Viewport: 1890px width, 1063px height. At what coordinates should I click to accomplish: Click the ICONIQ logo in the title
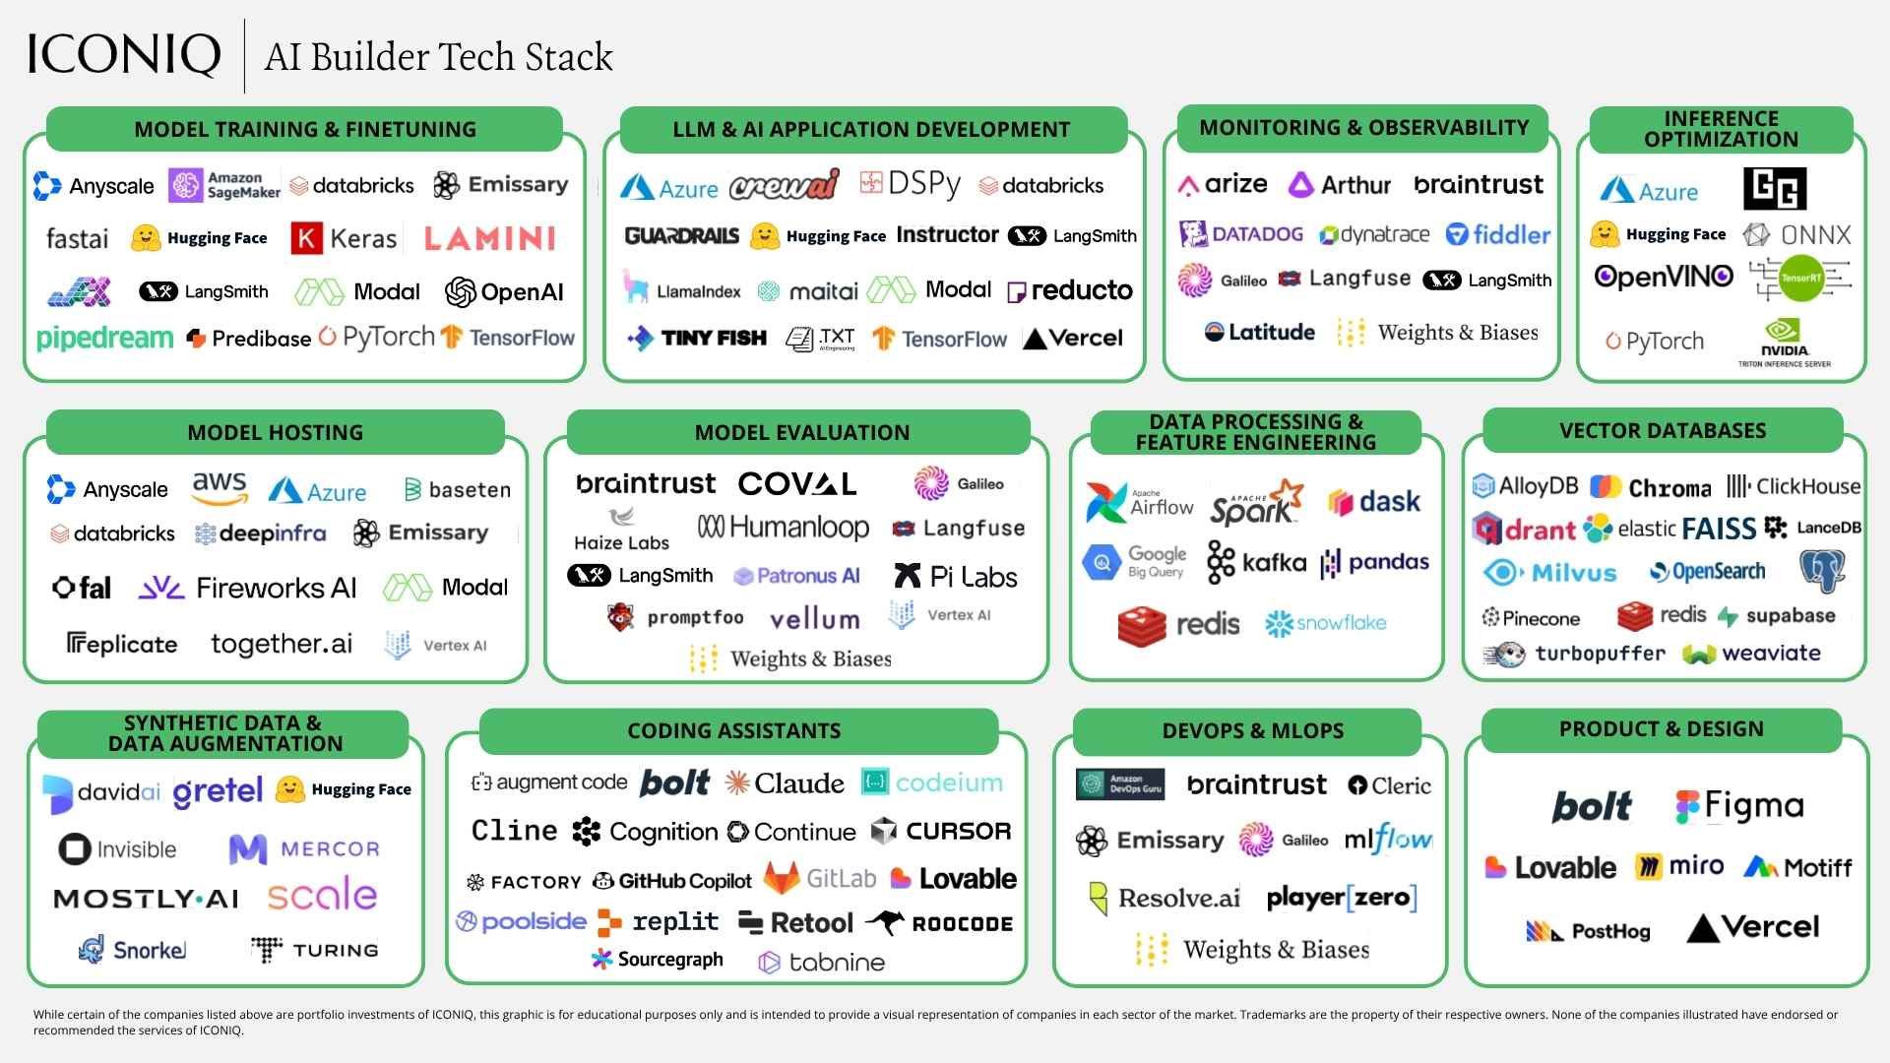click(x=124, y=55)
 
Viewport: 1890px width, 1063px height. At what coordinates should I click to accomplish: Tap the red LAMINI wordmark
click(x=489, y=238)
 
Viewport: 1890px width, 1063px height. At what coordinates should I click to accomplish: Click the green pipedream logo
click(x=104, y=338)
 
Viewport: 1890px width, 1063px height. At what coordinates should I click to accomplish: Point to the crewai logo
click(x=785, y=185)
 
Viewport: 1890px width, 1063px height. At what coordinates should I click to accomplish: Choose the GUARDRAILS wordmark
click(x=681, y=235)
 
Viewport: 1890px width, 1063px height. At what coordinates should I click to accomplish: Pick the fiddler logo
click(x=1497, y=234)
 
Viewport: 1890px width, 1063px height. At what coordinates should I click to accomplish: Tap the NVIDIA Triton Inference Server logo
click(x=1784, y=343)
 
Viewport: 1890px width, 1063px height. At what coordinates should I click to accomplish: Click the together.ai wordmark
click(x=282, y=644)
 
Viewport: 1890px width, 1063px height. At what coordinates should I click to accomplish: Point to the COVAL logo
click(x=797, y=483)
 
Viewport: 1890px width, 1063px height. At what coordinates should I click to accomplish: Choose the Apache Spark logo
click(x=1256, y=503)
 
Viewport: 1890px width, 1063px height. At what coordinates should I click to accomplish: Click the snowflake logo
click(x=1325, y=623)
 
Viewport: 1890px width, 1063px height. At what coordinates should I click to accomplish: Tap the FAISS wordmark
click(x=1719, y=529)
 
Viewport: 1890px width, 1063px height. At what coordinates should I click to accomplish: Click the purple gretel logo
click(x=218, y=791)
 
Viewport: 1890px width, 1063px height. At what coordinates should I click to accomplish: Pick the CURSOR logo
click(x=941, y=832)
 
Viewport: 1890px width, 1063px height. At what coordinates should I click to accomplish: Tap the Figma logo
click(x=1739, y=806)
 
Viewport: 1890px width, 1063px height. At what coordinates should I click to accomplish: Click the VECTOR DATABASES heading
click(x=1663, y=431)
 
